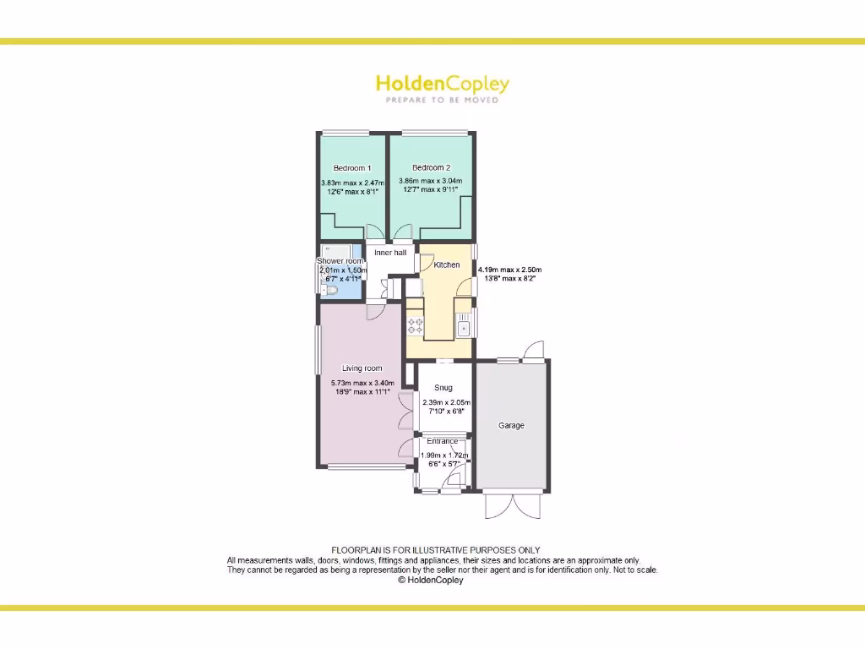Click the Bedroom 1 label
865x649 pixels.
point(352,168)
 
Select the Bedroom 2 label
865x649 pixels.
point(431,167)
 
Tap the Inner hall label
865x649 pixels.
point(390,253)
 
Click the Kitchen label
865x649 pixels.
point(447,265)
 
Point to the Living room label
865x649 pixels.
point(362,368)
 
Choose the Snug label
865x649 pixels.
point(443,388)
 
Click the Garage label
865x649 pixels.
point(511,426)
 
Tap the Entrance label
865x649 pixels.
point(443,441)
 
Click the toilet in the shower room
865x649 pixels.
point(329,291)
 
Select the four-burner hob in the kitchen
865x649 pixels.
point(415,324)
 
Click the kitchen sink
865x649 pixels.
point(464,324)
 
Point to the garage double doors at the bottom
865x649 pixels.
point(513,504)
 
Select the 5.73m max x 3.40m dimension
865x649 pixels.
point(362,383)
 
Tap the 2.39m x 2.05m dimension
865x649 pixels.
point(447,402)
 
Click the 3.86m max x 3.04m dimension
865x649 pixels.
point(431,181)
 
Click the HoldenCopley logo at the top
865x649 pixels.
point(442,84)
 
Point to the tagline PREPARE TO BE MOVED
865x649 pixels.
point(442,100)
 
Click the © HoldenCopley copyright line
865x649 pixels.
point(430,581)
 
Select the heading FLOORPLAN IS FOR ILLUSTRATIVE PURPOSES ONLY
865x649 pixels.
point(435,550)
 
